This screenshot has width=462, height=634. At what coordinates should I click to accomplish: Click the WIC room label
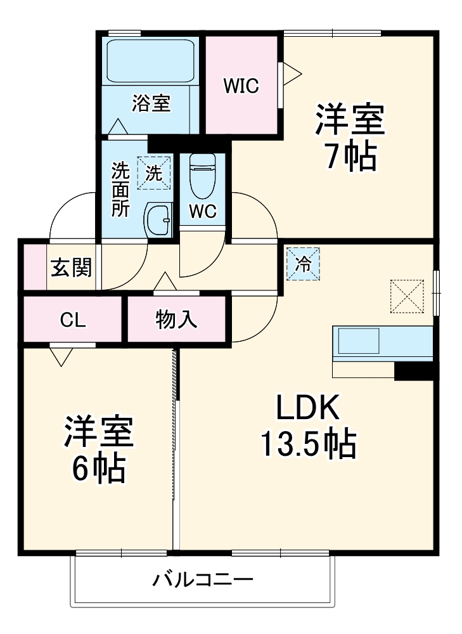pyautogui.click(x=241, y=86)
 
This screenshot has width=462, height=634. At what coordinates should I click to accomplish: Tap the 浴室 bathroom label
pyautogui.click(x=151, y=103)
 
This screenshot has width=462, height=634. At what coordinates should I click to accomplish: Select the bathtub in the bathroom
pyautogui.click(x=150, y=61)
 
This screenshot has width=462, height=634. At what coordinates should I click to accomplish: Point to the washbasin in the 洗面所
pyautogui.click(x=158, y=219)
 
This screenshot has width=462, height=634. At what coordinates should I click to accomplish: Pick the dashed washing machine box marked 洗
pyautogui.click(x=153, y=173)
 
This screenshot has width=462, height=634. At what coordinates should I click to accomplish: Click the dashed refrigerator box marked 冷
pyautogui.click(x=303, y=264)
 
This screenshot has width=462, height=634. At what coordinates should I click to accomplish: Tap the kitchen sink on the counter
pyautogui.click(x=359, y=340)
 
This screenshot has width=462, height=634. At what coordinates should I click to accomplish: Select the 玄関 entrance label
pyautogui.click(x=72, y=268)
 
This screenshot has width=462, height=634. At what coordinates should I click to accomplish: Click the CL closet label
pyautogui.click(x=73, y=320)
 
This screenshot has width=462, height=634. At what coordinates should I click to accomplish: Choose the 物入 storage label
pyautogui.click(x=177, y=320)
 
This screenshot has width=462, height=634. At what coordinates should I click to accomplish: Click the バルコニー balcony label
pyautogui.click(x=203, y=580)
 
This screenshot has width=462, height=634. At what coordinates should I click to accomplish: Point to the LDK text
pyautogui.click(x=308, y=407)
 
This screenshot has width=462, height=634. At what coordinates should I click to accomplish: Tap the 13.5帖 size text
pyautogui.click(x=308, y=444)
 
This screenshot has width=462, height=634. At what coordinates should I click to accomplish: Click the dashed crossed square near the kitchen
pyautogui.click(x=407, y=296)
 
